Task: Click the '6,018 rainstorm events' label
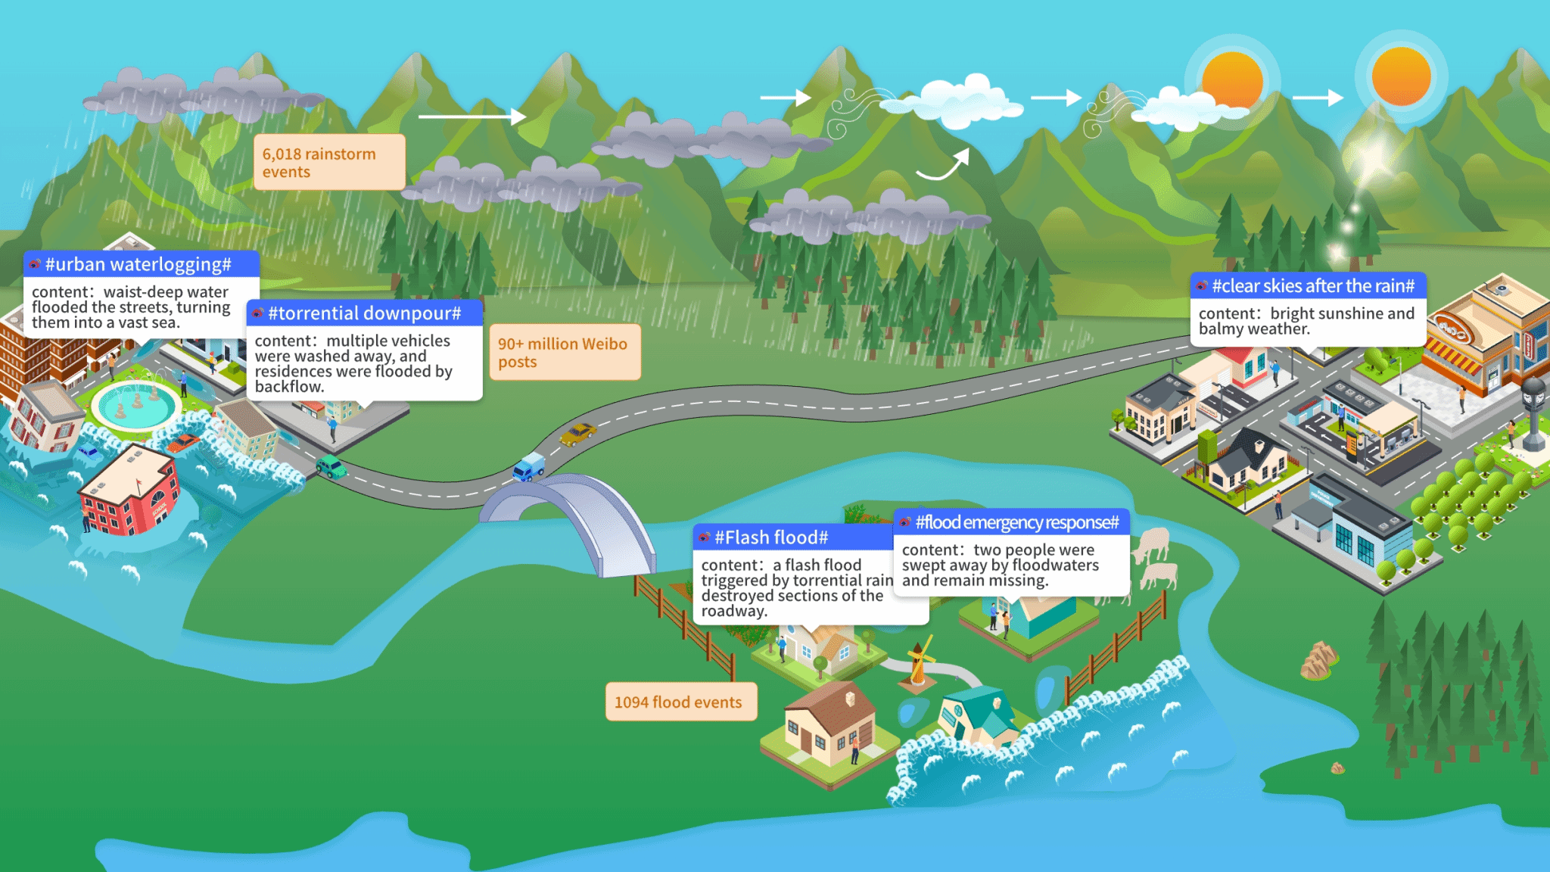tap(328, 163)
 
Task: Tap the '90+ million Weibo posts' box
tap(564, 353)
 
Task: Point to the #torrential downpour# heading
tap(364, 313)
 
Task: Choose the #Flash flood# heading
tap(772, 537)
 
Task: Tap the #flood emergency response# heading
tap(1016, 522)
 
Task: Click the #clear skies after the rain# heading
tap(1312, 286)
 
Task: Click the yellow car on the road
tap(578, 434)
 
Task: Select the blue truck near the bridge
tap(529, 466)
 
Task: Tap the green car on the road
tap(331, 467)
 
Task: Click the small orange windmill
tap(919, 663)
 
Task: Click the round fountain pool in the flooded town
tap(136, 405)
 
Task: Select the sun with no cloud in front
tap(1401, 76)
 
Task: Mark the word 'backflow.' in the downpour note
tap(290, 387)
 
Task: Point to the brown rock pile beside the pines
tap(1318, 660)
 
